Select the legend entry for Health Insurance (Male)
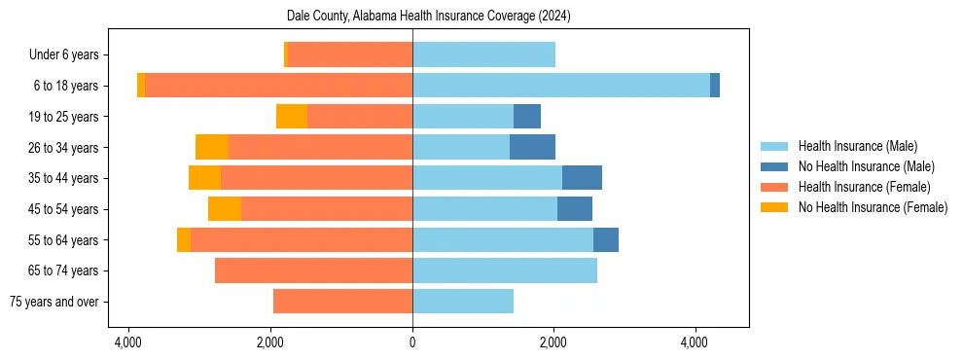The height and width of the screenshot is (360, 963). pos(857,146)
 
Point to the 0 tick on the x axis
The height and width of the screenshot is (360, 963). pos(412,342)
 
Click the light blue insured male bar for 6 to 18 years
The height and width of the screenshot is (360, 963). pos(561,86)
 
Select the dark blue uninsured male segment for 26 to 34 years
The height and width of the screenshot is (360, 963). pos(532,147)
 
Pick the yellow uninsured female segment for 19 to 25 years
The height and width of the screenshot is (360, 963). pos(292,117)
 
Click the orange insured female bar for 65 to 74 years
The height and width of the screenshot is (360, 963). pos(313,270)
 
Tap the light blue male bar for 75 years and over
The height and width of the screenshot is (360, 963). pos(463,302)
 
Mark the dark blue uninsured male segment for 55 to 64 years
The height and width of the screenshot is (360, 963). pos(606,239)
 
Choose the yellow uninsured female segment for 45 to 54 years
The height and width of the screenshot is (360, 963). pos(225,209)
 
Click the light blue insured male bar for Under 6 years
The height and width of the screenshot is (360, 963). pos(483,54)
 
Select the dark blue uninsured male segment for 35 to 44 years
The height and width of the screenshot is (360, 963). pos(582,178)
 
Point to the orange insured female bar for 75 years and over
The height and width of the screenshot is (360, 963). pos(342,302)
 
